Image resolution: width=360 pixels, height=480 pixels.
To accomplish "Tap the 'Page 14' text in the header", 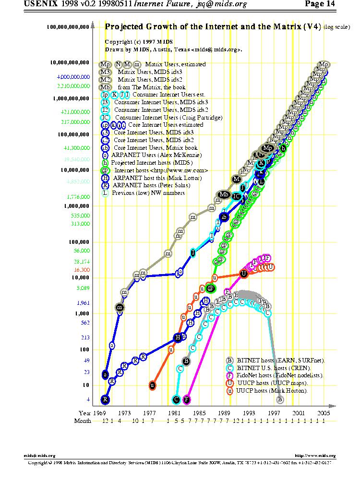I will coord(320,4).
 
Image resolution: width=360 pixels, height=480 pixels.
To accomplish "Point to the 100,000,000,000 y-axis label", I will coord(68,27).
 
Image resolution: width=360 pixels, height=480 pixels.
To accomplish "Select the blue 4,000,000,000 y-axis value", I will coord(73,77).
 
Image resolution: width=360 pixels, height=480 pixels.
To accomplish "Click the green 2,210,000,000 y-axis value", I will coord(73,86).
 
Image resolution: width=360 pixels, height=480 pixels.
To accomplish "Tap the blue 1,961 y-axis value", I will coord(83,303).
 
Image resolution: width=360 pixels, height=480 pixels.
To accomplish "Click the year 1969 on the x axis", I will coord(99,413).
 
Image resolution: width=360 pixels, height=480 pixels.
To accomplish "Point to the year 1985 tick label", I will coord(199,413).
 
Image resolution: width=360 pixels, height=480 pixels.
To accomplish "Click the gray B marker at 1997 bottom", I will coord(280,399).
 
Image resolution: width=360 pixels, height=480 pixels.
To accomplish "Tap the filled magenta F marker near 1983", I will coord(187,399).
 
